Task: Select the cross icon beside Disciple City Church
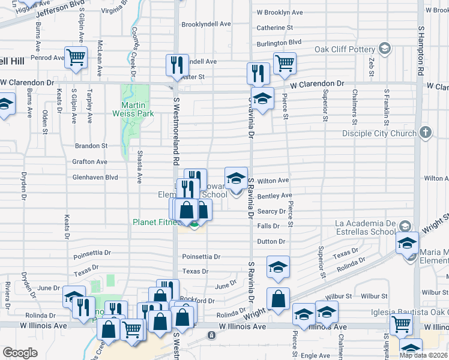(425, 133)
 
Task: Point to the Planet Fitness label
(155, 222)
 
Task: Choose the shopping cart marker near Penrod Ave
(76, 58)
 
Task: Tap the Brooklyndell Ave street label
(206, 25)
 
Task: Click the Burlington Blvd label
(279, 43)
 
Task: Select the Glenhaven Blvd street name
(95, 178)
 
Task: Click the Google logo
(20, 352)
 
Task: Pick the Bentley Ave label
(274, 196)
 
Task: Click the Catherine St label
(274, 28)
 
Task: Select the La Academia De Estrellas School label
(365, 227)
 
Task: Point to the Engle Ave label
(315, 356)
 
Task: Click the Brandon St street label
(91, 146)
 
